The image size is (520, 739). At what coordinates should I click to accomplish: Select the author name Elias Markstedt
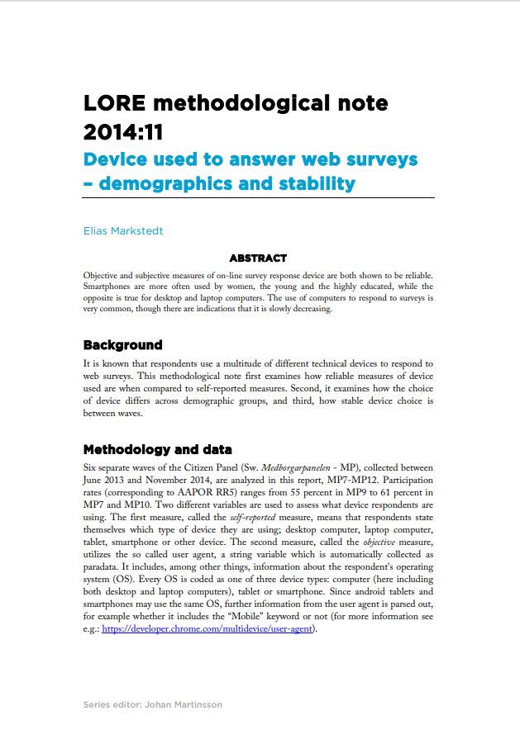123,231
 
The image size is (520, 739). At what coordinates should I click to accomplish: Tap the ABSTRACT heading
259,258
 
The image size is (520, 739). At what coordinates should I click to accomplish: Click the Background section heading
123,345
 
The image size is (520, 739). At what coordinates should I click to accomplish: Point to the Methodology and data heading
158,450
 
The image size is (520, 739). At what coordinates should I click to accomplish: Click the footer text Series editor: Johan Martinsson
153,704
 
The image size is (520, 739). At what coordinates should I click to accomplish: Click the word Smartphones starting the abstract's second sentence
108,286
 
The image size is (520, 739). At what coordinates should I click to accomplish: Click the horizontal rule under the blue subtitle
259,198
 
